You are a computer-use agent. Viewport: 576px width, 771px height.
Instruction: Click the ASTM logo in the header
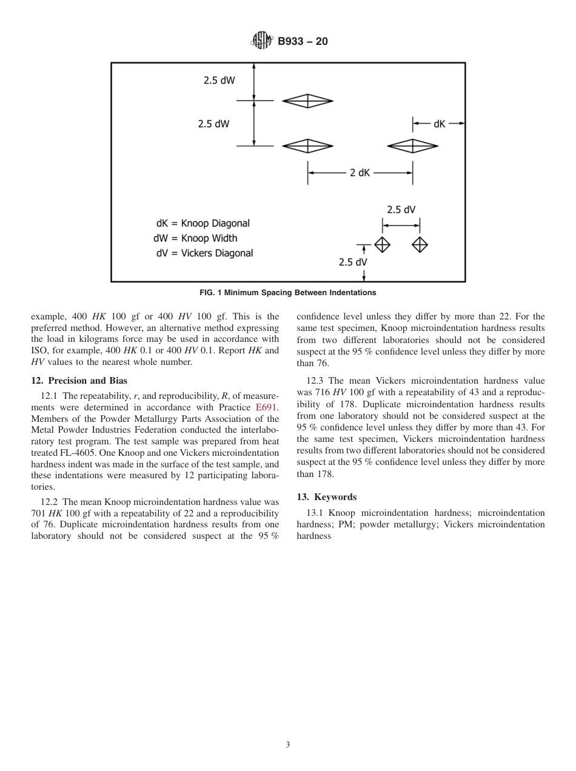261,41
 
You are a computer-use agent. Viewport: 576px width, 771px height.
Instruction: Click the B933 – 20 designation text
303,42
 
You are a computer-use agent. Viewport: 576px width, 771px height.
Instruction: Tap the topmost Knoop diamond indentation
308,101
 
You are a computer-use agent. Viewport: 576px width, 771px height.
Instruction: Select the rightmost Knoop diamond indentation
413,145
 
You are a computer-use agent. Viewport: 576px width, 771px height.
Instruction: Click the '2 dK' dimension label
360,173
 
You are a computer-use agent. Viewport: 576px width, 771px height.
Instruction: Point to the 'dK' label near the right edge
440,124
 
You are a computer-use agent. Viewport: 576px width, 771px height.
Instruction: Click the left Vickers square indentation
382,245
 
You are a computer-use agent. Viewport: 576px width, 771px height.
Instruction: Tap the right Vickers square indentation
420,245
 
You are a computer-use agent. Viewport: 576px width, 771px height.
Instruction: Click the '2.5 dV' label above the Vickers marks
401,210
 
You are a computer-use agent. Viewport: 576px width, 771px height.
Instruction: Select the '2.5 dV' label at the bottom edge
353,262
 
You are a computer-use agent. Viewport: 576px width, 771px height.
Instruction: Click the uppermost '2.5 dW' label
219,80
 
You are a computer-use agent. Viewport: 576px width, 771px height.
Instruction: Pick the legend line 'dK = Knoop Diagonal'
203,223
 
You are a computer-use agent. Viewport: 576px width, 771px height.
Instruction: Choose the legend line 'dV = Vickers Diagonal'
204,253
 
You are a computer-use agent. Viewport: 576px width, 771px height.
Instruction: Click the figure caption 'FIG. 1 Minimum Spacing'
287,293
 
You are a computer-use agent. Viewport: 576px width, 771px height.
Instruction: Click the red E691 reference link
267,407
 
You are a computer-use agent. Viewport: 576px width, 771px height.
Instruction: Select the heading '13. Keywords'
327,497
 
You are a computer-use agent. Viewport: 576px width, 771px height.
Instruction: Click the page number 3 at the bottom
287,745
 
